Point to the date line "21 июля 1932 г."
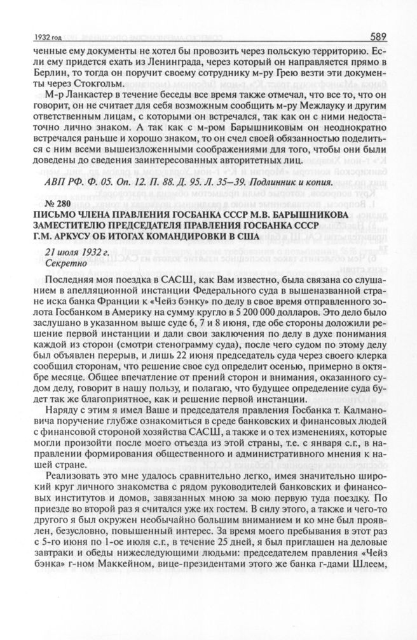point(74,251)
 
